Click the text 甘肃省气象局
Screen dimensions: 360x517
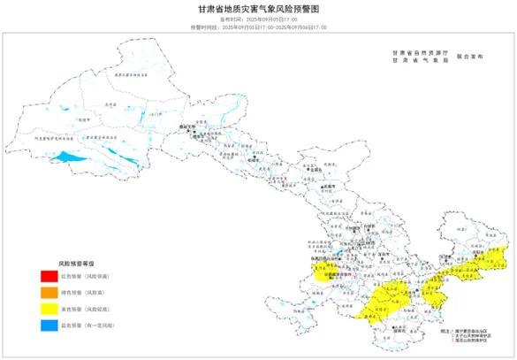coord(414,60)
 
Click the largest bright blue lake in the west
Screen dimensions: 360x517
coord(66,157)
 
